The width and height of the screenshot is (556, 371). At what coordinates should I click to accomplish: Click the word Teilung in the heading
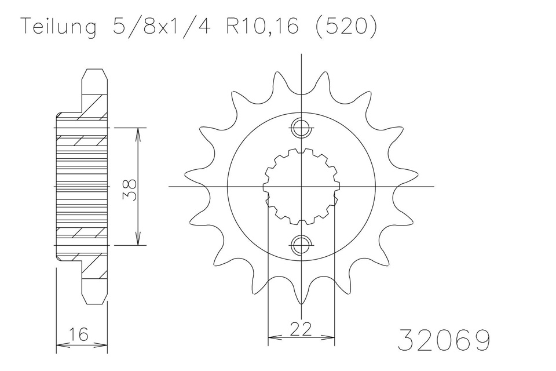59,26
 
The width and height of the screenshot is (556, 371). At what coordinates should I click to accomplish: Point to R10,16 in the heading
263,26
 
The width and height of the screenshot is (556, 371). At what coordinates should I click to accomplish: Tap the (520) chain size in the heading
346,26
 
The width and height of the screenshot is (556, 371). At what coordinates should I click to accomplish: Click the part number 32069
444,340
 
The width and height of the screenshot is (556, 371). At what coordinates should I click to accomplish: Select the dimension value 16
78,334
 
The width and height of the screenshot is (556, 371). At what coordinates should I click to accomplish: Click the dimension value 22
301,329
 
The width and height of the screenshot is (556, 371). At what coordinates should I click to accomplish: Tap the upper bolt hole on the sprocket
301,129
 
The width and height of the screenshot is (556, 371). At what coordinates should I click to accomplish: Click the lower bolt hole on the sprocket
301,244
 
